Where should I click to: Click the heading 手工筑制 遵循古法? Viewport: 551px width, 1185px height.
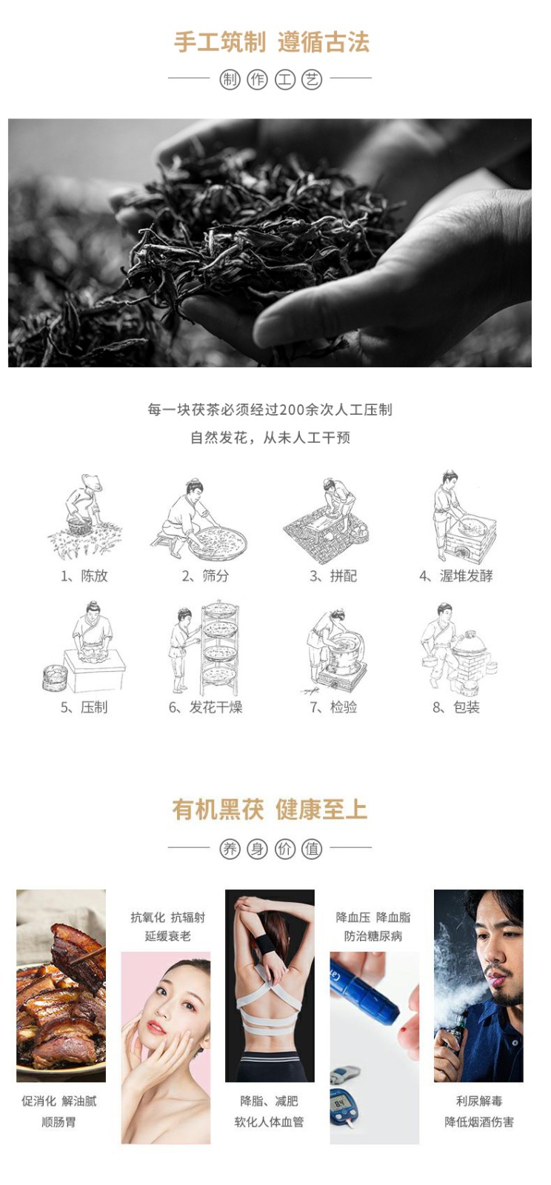click(x=272, y=42)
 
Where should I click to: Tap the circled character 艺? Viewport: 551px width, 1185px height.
click(x=312, y=79)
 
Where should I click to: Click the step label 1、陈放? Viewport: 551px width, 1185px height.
click(x=84, y=575)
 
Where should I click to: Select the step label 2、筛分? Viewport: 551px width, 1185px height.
click(x=205, y=575)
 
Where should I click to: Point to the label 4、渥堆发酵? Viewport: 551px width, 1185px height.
click(x=455, y=575)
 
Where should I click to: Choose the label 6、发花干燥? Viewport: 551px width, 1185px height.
click(x=205, y=707)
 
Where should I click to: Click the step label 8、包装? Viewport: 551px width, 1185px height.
click(x=455, y=707)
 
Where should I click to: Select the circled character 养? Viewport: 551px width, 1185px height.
click(x=230, y=849)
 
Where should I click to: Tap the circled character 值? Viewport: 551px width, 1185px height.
click(x=312, y=849)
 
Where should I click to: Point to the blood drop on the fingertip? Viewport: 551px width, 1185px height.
click(x=406, y=1027)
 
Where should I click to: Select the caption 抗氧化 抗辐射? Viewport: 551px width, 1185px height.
click(x=167, y=918)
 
